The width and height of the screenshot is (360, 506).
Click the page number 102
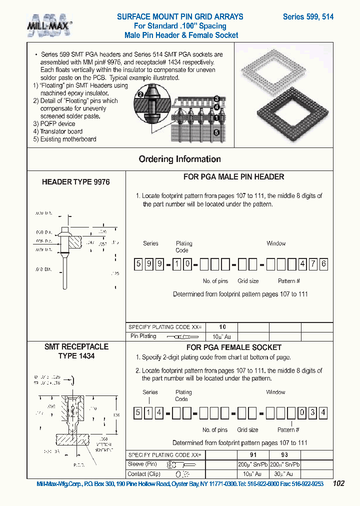click(x=338, y=483)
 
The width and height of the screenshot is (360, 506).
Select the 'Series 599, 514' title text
click(x=308, y=16)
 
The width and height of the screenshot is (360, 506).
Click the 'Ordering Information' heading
click(x=179, y=159)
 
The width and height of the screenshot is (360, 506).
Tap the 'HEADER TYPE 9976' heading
click(x=75, y=182)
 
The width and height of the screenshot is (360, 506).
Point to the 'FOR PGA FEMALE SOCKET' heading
click(x=233, y=347)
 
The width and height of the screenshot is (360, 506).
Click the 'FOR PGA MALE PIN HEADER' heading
click(x=233, y=176)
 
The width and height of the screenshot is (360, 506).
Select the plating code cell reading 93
click(x=284, y=455)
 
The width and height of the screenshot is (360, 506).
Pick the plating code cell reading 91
click(x=254, y=455)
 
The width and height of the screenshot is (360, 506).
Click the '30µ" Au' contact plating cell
click(x=284, y=473)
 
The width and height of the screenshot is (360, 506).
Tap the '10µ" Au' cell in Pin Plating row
click(x=222, y=336)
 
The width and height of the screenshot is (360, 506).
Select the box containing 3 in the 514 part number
click(x=313, y=413)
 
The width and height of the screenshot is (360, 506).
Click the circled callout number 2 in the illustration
click(x=140, y=94)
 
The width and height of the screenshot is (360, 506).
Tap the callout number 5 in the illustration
click(x=216, y=132)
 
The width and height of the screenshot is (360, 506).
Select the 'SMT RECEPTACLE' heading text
click(x=76, y=346)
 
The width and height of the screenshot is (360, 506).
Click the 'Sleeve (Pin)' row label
click(x=143, y=464)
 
